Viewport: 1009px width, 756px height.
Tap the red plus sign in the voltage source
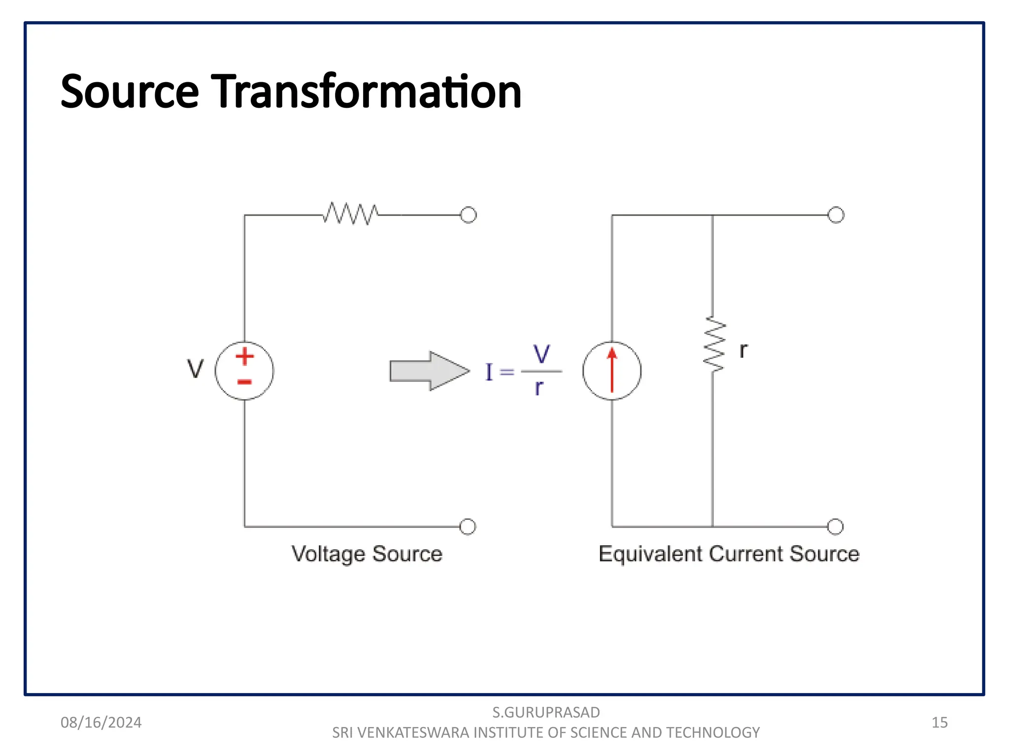pyautogui.click(x=244, y=356)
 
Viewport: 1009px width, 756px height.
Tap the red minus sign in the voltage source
pyautogui.click(x=244, y=382)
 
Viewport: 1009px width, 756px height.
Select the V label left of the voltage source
pyautogui.click(x=195, y=369)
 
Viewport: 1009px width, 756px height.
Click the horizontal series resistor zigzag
pyautogui.click(x=351, y=214)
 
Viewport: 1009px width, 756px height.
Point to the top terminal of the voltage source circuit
pyautogui.click(x=468, y=215)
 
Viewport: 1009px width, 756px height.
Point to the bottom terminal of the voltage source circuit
pyautogui.click(x=467, y=527)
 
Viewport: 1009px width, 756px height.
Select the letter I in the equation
pyautogui.click(x=489, y=372)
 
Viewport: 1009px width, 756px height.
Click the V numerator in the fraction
pyautogui.click(x=541, y=354)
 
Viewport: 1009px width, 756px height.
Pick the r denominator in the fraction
pyautogui.click(x=539, y=388)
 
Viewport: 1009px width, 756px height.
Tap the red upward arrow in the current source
pyautogui.click(x=612, y=370)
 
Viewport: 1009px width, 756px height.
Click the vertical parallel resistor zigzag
pyautogui.click(x=713, y=345)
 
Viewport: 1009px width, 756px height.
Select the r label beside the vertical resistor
pyautogui.click(x=743, y=350)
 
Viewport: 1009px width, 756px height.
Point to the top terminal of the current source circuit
pyautogui.click(x=836, y=215)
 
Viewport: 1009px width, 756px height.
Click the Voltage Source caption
pyautogui.click(x=367, y=554)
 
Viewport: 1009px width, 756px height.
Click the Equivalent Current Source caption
pyautogui.click(x=729, y=554)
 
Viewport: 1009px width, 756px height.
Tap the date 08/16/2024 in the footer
pyautogui.click(x=101, y=722)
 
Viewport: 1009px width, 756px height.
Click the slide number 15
pyautogui.click(x=939, y=722)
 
